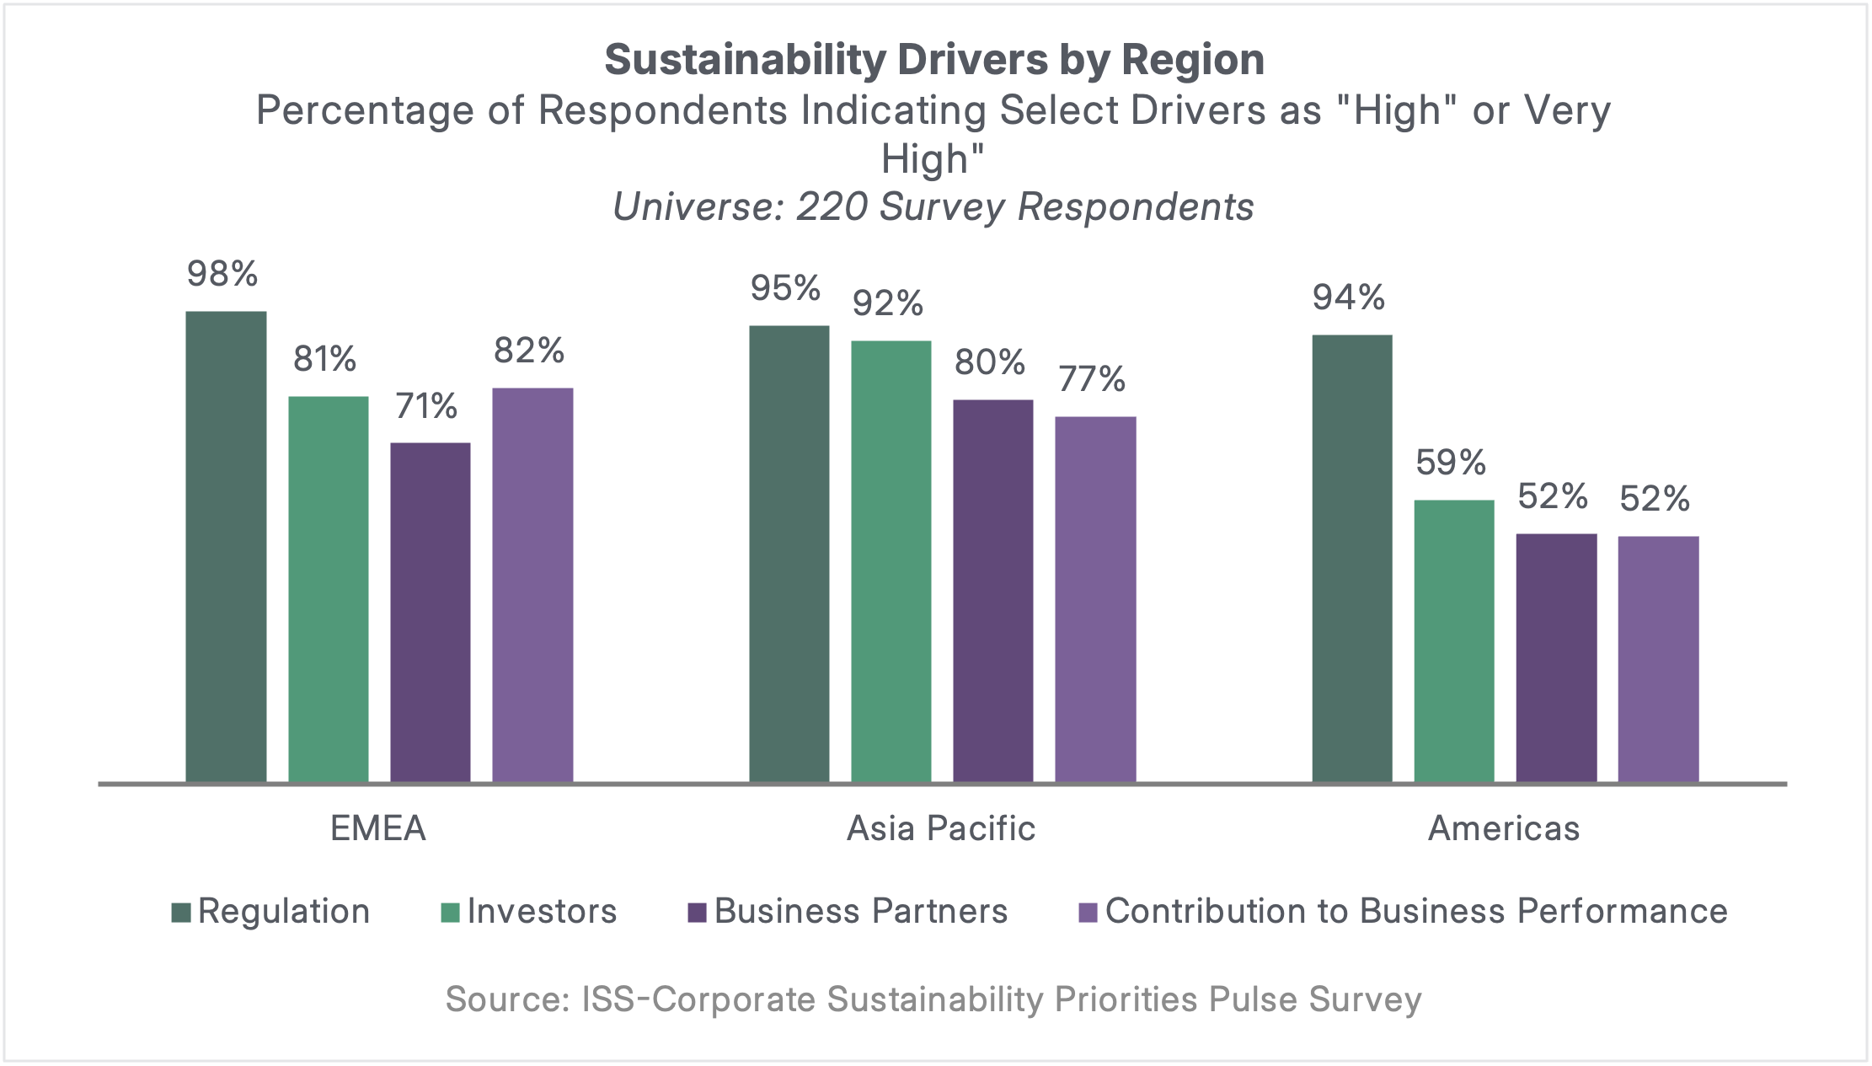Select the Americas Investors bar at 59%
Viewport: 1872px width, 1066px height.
point(1454,640)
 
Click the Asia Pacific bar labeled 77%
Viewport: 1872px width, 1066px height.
point(1095,598)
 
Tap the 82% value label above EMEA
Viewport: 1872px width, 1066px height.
point(529,351)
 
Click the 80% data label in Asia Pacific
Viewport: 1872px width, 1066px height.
point(990,363)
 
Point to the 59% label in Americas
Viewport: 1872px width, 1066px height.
point(1451,463)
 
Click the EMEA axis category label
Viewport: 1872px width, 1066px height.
point(378,828)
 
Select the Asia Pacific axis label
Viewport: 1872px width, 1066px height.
point(941,828)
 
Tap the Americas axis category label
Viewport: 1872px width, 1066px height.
point(1504,828)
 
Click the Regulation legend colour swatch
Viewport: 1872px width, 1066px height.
point(181,913)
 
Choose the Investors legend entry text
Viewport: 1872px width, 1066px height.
point(542,912)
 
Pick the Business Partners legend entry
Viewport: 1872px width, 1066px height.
point(860,912)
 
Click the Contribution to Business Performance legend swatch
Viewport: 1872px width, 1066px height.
point(1088,913)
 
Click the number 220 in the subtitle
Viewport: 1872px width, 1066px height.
point(832,207)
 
